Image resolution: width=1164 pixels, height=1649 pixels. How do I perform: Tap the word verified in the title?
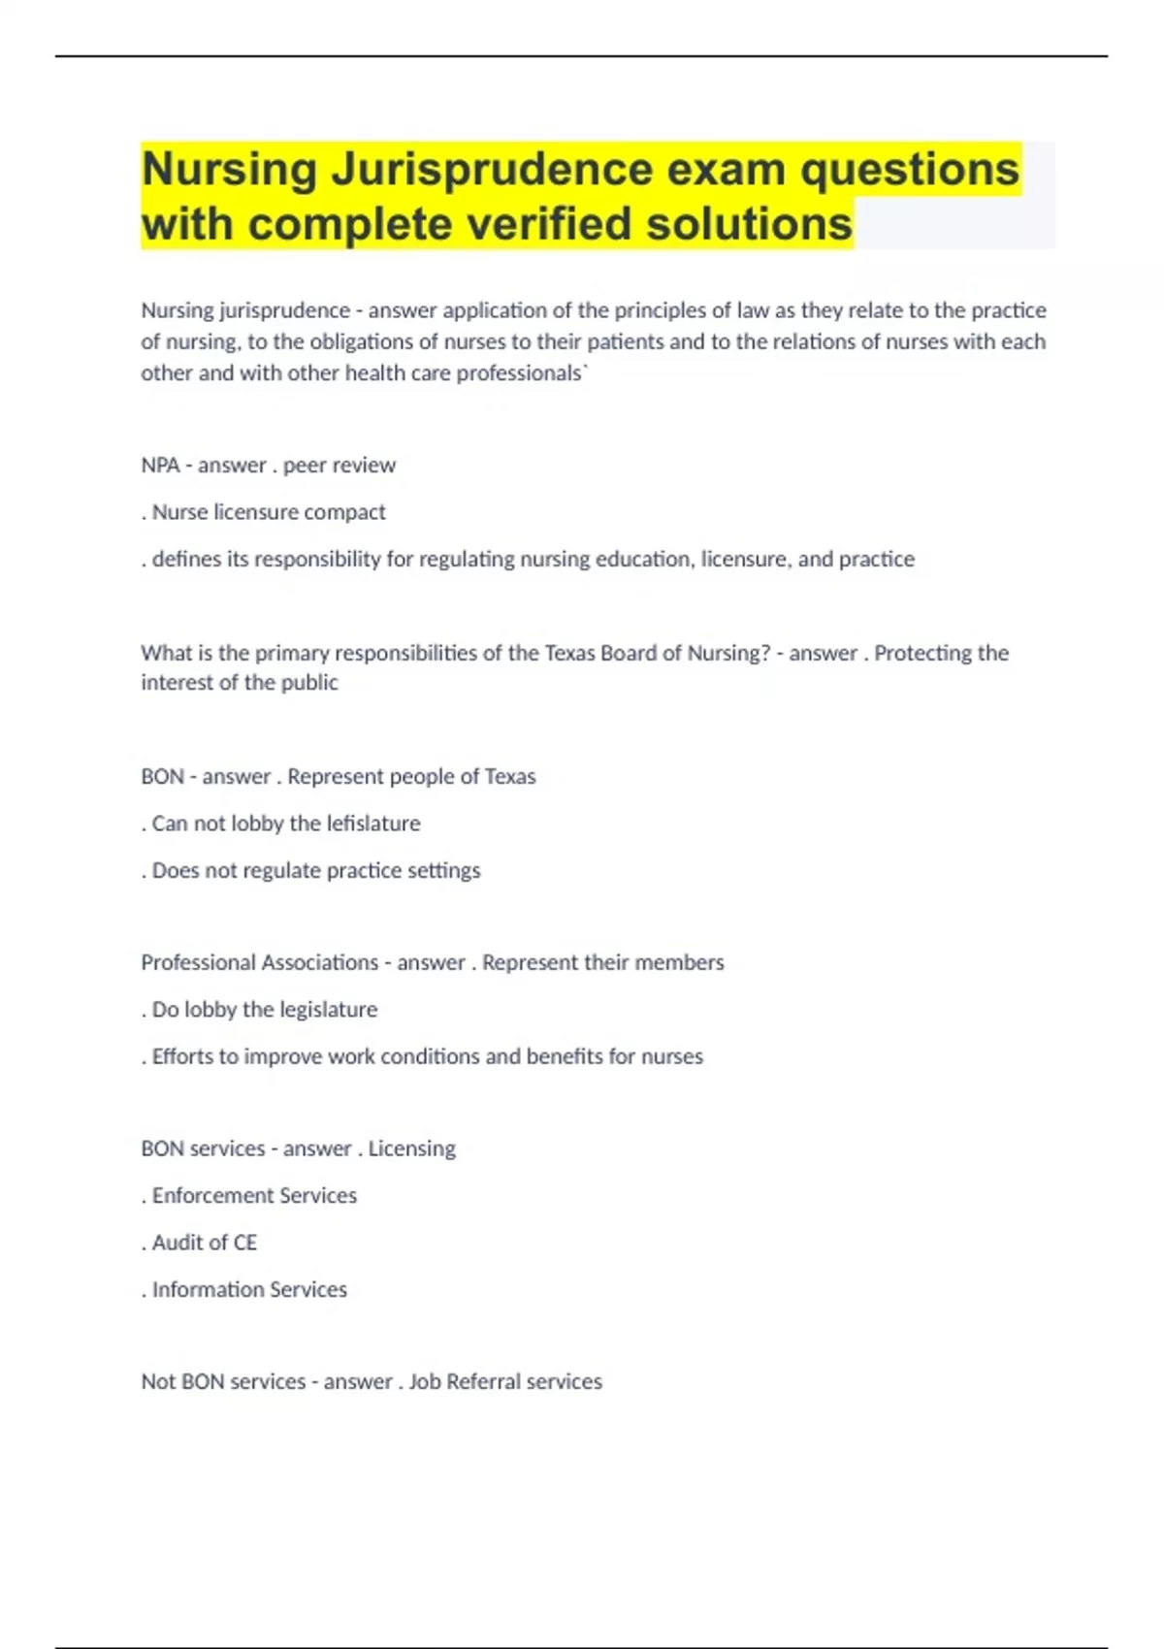(550, 225)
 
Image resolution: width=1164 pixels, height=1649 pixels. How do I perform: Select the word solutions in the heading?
(750, 225)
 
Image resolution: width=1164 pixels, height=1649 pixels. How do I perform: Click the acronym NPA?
(160, 466)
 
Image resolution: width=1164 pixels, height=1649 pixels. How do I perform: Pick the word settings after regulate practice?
(442, 871)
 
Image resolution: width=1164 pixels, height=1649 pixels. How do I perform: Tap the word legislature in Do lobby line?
(329, 1010)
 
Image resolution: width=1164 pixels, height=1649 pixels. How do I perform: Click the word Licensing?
(411, 1149)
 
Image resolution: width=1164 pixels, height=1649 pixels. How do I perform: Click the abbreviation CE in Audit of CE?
(245, 1243)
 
